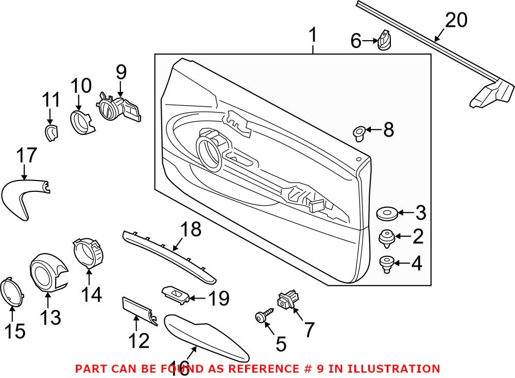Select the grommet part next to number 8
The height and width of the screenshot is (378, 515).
pos(359,132)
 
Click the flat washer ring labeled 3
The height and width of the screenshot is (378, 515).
pos(386,212)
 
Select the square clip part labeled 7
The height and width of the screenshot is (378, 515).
pos(286,300)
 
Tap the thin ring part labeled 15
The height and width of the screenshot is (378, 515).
pos(12,290)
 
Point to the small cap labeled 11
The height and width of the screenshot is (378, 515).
pos(50,133)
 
